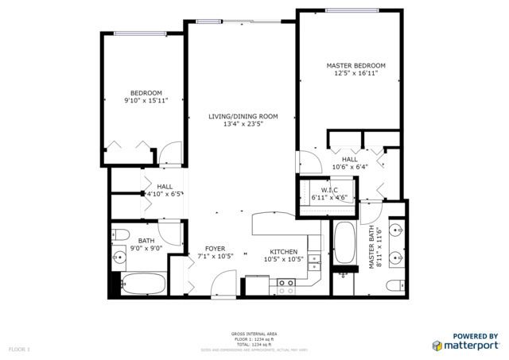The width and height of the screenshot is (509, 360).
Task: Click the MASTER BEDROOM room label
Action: click(356, 65)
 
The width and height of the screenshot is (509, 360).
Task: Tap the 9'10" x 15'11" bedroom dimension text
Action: click(146, 101)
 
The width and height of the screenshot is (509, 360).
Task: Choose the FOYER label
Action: click(214, 249)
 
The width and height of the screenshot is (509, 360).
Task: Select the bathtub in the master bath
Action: click(345, 246)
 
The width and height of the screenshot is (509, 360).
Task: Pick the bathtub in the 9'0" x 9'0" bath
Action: click(143, 285)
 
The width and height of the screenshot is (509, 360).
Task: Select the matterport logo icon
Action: click(437, 345)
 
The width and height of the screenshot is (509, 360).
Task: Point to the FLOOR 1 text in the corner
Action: click(18, 349)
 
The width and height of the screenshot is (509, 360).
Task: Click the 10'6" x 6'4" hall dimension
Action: click(350, 168)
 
